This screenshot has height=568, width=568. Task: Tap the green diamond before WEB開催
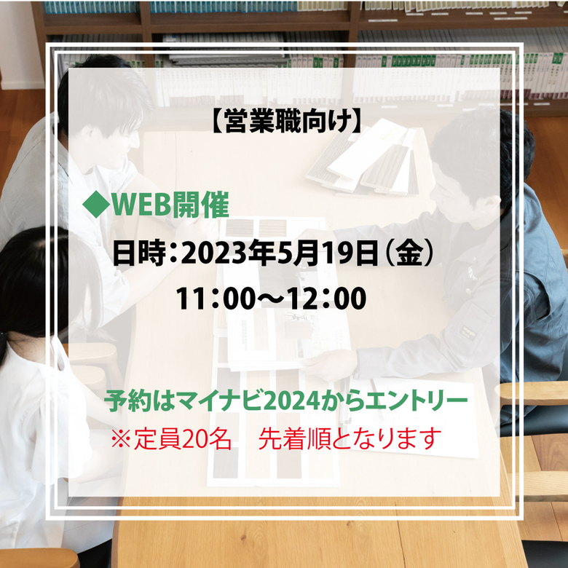[96, 205]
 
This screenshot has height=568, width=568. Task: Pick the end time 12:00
[327, 298]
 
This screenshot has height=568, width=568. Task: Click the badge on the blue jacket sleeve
[468, 331]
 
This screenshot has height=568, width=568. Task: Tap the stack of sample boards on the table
[363, 159]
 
